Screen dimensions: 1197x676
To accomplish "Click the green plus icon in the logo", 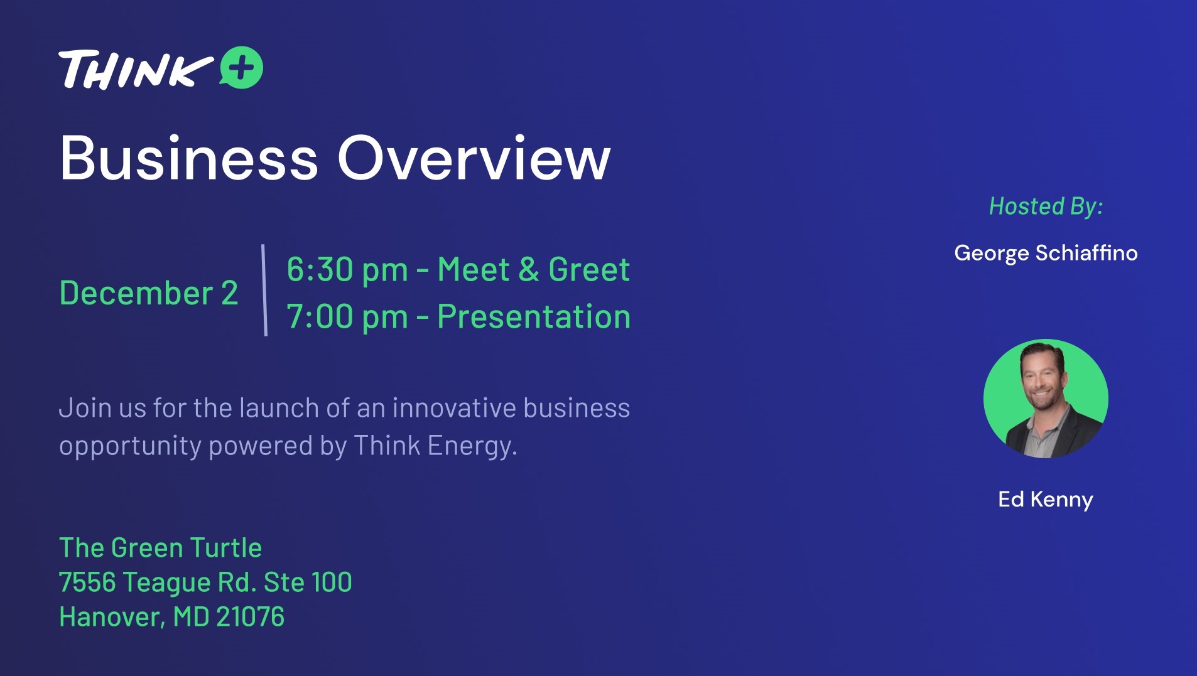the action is click(x=241, y=67).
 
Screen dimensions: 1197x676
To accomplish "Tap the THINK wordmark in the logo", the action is click(x=136, y=69).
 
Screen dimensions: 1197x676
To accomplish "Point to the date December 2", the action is click(x=149, y=293).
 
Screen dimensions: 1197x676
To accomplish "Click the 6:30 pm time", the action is click(x=347, y=270).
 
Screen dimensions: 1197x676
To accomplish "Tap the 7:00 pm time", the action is click(x=347, y=316).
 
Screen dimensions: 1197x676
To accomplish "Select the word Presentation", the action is click(x=534, y=316).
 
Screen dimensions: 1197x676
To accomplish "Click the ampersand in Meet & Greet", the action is click(x=529, y=270).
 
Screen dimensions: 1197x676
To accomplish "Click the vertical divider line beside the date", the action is click(x=264, y=290).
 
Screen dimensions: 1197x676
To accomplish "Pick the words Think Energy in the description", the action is click(x=435, y=446).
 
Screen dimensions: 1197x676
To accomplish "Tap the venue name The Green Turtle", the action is click(x=160, y=548).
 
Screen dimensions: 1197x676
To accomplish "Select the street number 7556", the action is click(x=87, y=582).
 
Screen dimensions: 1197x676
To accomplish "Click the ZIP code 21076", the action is click(x=250, y=617).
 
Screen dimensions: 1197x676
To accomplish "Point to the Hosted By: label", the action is click(x=1046, y=207).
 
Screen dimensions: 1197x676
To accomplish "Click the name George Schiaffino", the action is click(x=1046, y=253).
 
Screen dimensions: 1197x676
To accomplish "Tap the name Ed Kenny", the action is click(x=1046, y=500).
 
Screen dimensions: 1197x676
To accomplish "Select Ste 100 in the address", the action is click(x=308, y=582).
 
